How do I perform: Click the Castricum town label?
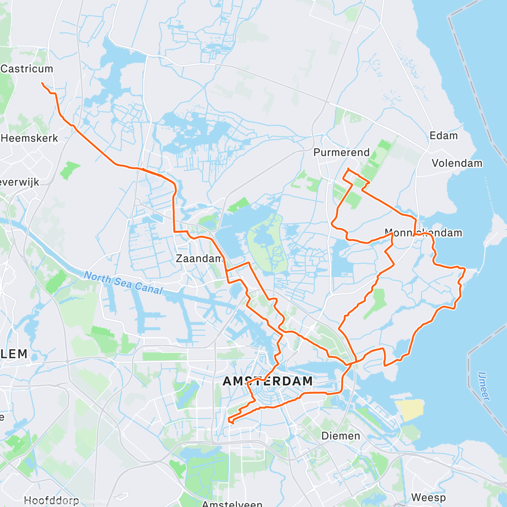click(x=27, y=68)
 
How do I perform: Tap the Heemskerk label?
click(x=30, y=138)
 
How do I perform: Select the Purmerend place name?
click(x=341, y=153)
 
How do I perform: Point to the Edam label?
click(x=443, y=136)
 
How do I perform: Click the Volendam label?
click(x=457, y=163)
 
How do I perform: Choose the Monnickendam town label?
click(x=423, y=233)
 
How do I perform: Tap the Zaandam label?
click(x=199, y=258)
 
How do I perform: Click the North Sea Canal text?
click(x=123, y=283)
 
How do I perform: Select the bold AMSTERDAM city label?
click(x=267, y=381)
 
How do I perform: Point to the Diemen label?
click(x=341, y=436)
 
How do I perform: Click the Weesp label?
click(x=428, y=497)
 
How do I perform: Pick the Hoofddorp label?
click(x=51, y=501)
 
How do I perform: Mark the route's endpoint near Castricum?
click(x=42, y=83)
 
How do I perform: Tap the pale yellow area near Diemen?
click(x=409, y=410)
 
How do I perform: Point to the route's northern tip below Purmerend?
click(x=348, y=169)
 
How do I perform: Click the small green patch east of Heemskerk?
click(x=70, y=170)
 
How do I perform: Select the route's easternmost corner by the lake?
click(x=465, y=268)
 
